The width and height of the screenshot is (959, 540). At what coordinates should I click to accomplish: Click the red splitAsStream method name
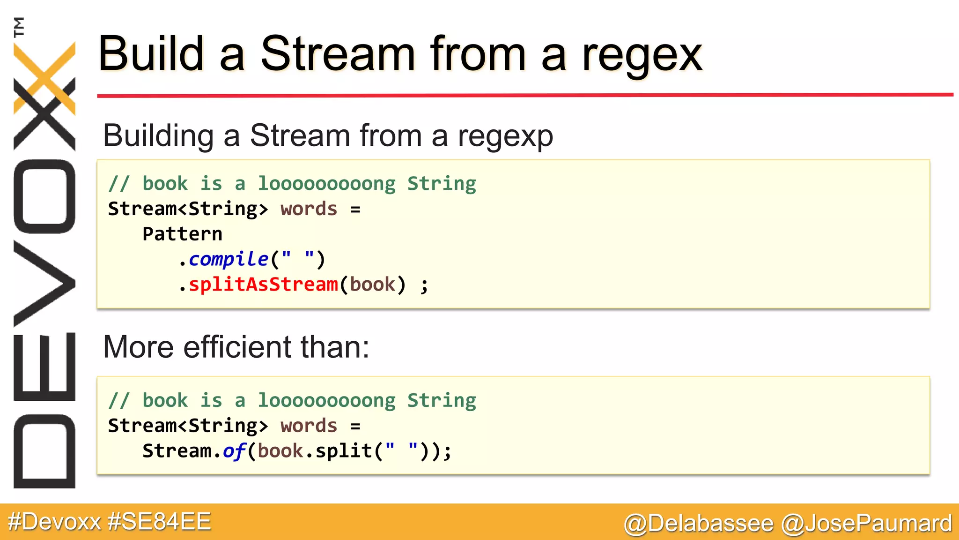263,285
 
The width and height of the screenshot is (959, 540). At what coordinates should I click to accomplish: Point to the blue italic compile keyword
229,259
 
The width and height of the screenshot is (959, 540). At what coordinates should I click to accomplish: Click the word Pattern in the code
182,234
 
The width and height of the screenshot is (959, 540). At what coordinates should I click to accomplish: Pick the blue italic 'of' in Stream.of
234,451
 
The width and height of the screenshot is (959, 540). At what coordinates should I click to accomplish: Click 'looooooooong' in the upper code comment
327,184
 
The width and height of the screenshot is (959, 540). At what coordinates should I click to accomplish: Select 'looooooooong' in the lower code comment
327,401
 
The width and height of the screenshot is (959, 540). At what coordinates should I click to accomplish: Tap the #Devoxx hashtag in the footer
54,522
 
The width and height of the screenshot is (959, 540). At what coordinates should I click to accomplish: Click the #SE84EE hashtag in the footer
159,522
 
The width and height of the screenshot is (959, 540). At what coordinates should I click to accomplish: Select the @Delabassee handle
699,523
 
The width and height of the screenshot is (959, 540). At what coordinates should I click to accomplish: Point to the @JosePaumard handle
867,523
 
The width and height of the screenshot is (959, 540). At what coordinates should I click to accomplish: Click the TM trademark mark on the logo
19,27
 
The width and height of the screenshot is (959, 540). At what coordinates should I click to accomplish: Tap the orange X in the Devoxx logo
45,77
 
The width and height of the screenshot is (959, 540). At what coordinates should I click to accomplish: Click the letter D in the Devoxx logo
44,451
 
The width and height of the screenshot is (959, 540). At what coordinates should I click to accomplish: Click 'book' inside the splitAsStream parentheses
373,285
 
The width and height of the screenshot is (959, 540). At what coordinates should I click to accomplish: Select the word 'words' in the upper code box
309,209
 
